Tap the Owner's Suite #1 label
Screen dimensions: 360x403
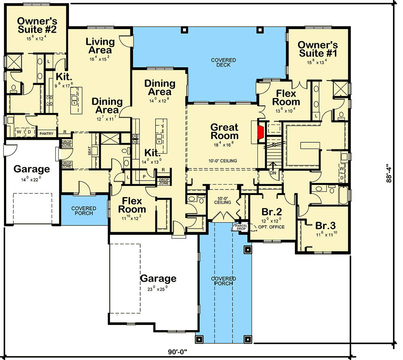click(317, 49)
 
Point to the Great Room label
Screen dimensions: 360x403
click(224, 131)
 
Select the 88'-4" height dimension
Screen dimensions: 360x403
click(388, 173)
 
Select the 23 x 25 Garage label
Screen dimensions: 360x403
click(158, 279)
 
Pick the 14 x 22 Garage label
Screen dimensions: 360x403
click(32, 169)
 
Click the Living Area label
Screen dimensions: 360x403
click(99, 46)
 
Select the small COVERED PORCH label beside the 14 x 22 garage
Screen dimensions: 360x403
click(84, 210)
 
